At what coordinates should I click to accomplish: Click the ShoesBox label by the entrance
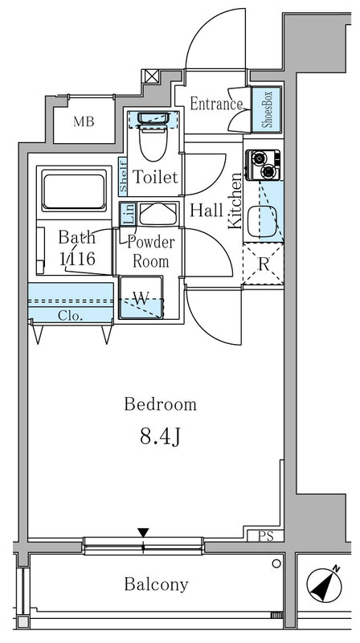(267, 109)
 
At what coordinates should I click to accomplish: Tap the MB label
(84, 121)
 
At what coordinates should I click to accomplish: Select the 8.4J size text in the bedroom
(161, 438)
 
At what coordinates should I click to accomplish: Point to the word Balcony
(157, 584)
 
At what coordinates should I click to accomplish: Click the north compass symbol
(325, 584)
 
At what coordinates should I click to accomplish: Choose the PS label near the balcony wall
(266, 537)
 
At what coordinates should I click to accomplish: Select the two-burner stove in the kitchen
(263, 165)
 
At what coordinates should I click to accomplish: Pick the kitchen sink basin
(262, 221)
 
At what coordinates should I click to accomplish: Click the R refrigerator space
(263, 264)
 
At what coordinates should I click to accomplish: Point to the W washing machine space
(141, 297)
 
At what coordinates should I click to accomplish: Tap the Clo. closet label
(71, 315)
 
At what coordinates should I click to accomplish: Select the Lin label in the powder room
(128, 214)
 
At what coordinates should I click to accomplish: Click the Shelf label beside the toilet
(123, 175)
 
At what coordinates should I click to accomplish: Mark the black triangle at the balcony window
(143, 533)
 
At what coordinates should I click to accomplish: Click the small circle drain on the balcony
(276, 564)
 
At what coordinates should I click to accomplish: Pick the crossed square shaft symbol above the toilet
(149, 76)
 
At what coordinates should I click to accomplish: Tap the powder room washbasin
(157, 213)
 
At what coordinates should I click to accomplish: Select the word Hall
(207, 211)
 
